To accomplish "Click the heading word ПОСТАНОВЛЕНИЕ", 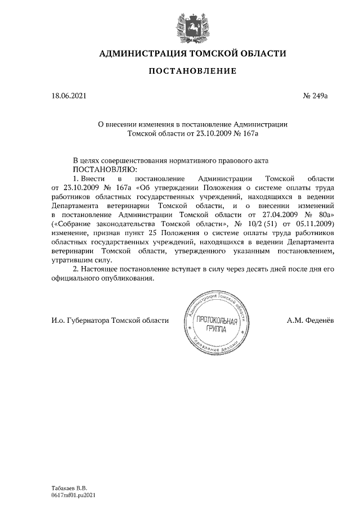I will (x=192, y=71).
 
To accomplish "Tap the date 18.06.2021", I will (x=69, y=96).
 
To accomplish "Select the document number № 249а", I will (x=315, y=96).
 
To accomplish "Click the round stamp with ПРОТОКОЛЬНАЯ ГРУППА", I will (x=216, y=323).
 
